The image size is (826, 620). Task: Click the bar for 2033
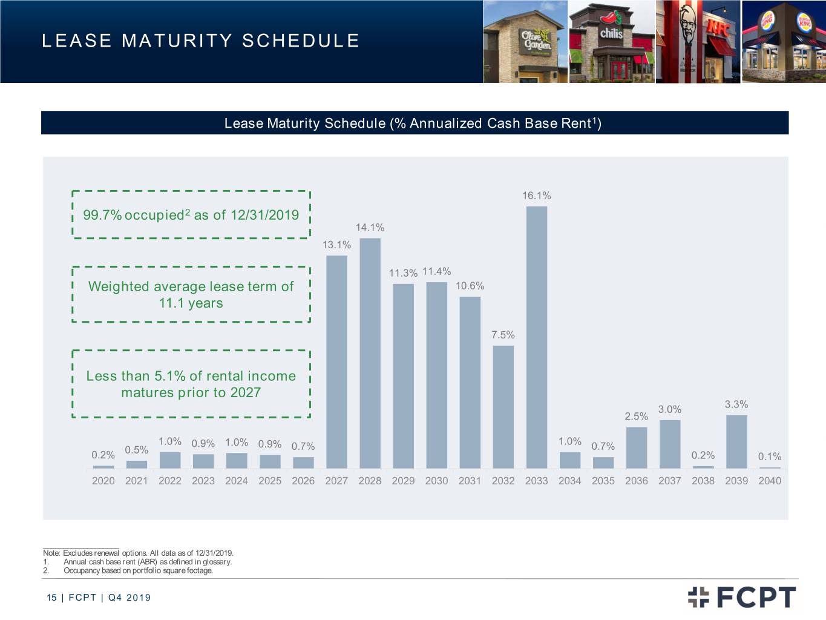(x=537, y=337)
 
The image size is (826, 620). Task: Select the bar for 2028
(x=370, y=353)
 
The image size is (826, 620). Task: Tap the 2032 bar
(x=503, y=407)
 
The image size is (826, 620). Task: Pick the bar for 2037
(x=670, y=444)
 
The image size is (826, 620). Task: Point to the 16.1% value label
(x=536, y=196)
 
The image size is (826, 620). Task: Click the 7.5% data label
(x=503, y=335)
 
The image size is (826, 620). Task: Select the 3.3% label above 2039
(x=736, y=404)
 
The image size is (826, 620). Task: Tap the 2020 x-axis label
(x=103, y=481)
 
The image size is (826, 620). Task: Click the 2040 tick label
(x=770, y=481)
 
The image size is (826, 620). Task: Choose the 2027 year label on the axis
(x=336, y=481)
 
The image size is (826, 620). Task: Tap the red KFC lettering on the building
(x=719, y=28)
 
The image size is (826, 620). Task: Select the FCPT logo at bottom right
(x=742, y=597)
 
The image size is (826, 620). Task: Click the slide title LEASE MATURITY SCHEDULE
(x=200, y=41)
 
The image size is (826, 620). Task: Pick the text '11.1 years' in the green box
(x=191, y=303)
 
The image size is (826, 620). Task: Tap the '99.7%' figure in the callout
(x=102, y=215)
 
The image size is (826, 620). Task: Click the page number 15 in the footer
(x=51, y=598)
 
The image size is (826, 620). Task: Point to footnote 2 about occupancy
(x=128, y=570)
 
